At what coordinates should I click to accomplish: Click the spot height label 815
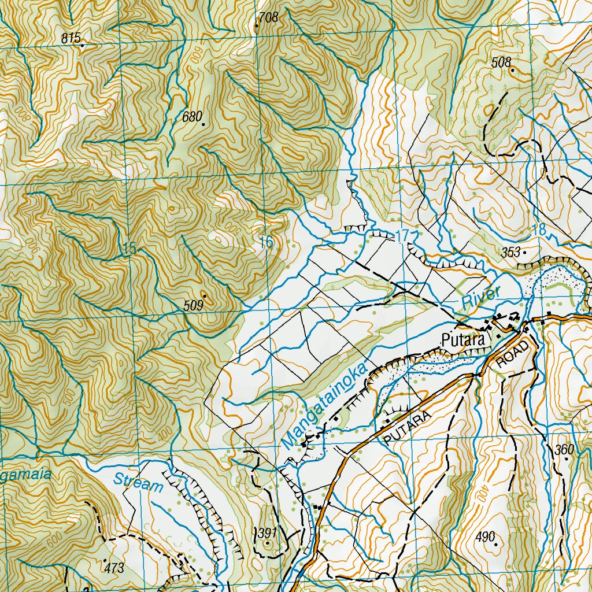(x=71, y=39)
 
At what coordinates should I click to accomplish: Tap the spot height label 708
(x=268, y=17)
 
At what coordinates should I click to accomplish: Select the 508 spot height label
(x=501, y=62)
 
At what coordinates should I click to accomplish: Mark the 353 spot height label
(x=510, y=253)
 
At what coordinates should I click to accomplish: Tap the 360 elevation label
(x=564, y=450)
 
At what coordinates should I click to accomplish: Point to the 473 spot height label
(x=114, y=568)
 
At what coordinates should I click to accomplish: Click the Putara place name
(x=462, y=341)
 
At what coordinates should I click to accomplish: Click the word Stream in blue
(x=138, y=482)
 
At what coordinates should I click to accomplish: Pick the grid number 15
(x=129, y=249)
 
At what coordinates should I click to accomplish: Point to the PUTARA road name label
(x=407, y=428)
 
